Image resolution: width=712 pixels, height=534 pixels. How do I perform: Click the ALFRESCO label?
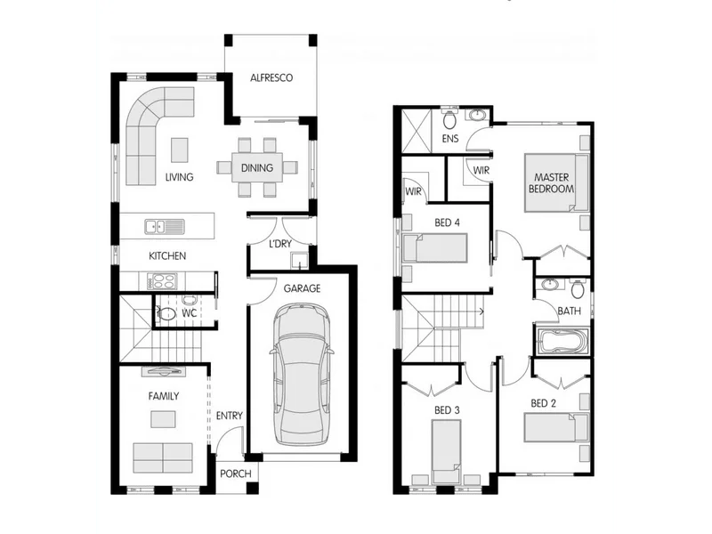tap(271, 78)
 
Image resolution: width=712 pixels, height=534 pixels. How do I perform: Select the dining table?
tap(256, 167)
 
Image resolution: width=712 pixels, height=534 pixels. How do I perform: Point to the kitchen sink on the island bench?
tap(157, 227)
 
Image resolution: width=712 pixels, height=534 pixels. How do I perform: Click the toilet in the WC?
tap(166, 313)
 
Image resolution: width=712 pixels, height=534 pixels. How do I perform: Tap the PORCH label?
tap(236, 473)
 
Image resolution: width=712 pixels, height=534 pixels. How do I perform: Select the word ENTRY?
tap(229, 416)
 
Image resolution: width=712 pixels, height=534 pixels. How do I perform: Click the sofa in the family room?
tap(163, 457)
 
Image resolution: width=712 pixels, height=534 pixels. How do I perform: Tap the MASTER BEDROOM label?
tap(549, 183)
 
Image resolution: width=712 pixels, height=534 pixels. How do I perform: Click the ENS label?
tap(450, 139)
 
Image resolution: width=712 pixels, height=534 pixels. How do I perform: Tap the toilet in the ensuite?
tap(450, 118)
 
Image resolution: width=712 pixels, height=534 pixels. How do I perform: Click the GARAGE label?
tap(302, 288)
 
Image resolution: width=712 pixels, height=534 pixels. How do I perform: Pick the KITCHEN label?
tap(167, 256)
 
